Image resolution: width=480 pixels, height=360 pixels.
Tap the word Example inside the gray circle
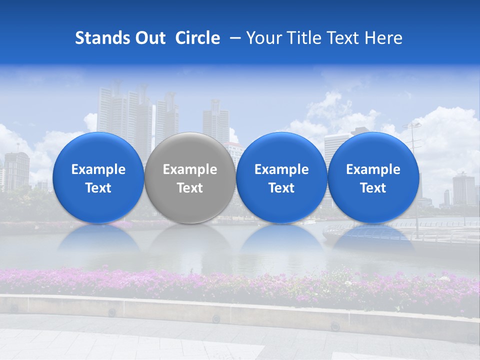pyautogui.click(x=189, y=169)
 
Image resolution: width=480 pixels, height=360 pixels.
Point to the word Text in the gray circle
pyautogui.click(x=189, y=188)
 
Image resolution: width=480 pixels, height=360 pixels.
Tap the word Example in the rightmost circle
pyautogui.click(x=373, y=169)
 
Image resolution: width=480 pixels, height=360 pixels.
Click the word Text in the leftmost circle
pyautogui.click(x=98, y=188)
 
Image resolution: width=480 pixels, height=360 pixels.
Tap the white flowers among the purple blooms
pyautogui.click(x=442, y=278)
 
